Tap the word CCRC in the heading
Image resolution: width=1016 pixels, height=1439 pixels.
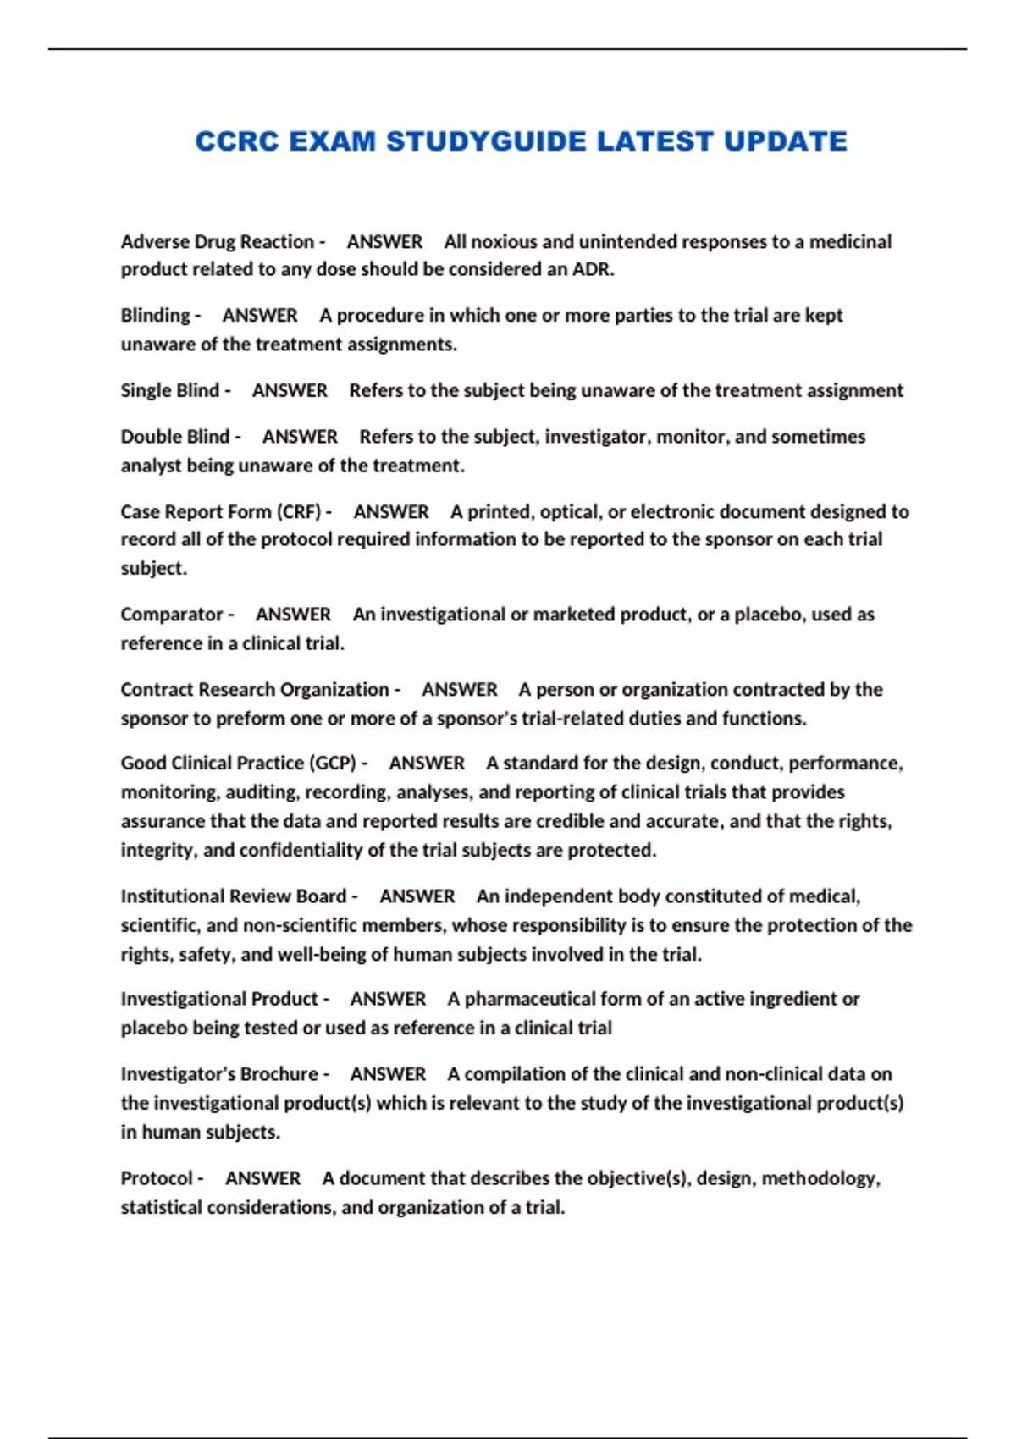pos(237,141)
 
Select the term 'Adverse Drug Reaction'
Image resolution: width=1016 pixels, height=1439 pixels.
pos(217,242)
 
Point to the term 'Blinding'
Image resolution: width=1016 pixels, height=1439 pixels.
pos(156,316)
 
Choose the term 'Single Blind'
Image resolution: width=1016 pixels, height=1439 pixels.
pos(169,391)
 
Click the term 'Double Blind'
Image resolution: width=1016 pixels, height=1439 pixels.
pos(174,437)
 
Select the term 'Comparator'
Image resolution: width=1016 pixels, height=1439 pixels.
pos(172,615)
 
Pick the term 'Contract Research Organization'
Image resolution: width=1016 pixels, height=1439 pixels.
pos(254,690)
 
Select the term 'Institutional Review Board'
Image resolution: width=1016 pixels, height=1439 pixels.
pos(233,896)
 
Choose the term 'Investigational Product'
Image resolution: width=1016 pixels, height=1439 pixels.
pos(218,1000)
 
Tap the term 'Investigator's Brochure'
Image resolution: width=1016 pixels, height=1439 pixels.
pos(218,1074)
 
